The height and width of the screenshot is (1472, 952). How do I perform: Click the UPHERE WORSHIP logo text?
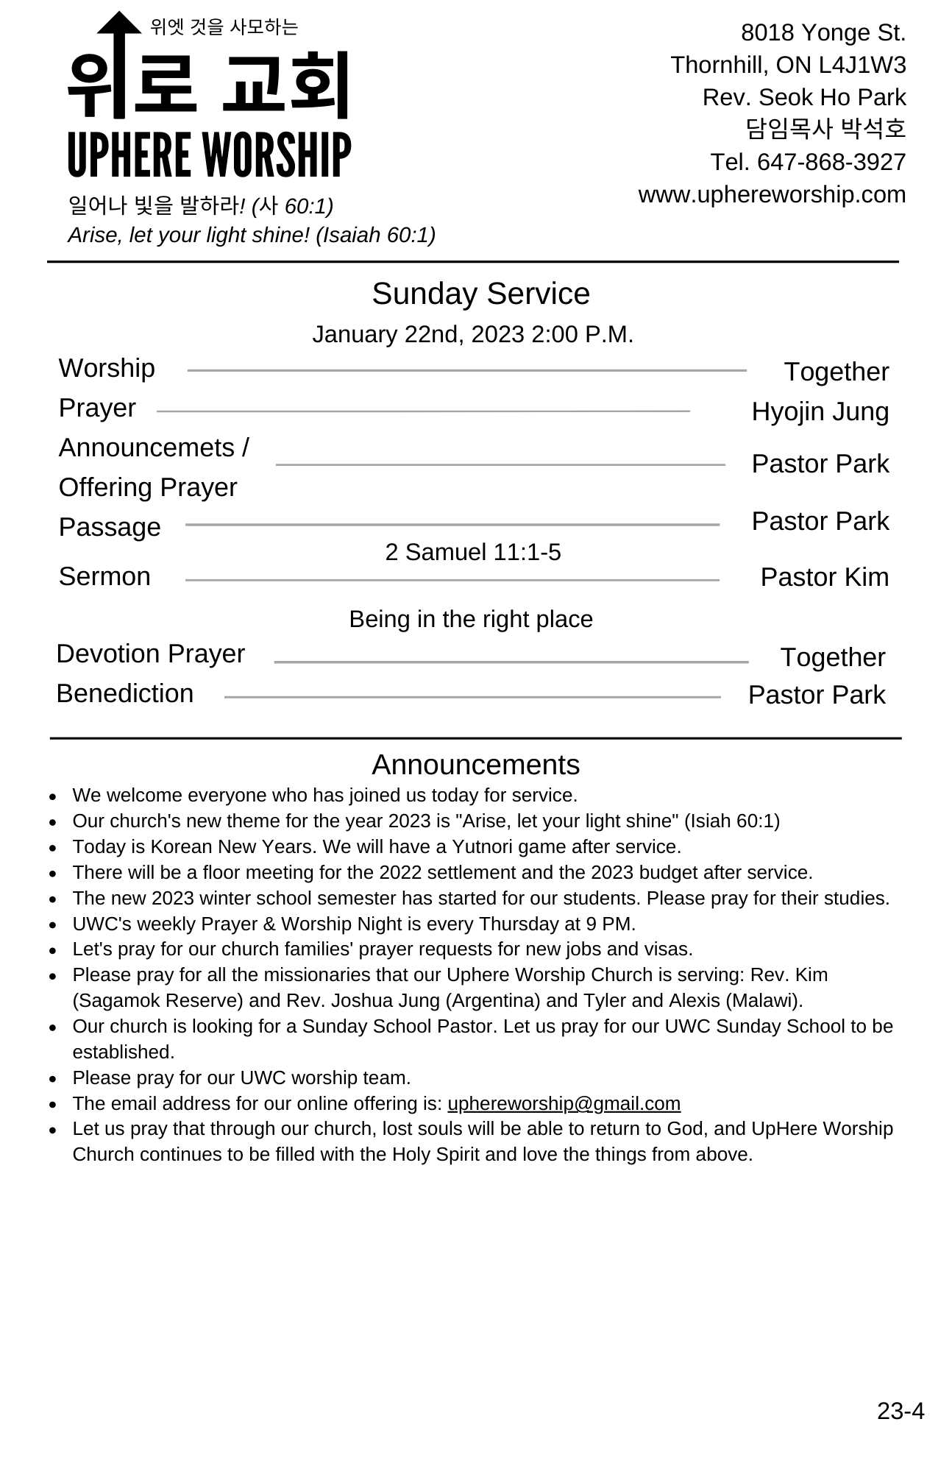(x=209, y=155)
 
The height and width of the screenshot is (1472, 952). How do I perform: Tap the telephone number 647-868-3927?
(x=831, y=162)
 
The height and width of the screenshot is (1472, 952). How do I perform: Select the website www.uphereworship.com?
(x=772, y=194)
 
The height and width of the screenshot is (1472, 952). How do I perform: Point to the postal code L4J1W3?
(x=862, y=65)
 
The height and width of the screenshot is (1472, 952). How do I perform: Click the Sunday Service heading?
(x=480, y=294)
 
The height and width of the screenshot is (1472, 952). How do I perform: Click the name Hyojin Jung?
(x=820, y=411)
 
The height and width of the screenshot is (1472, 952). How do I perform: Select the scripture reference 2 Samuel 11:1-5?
(x=473, y=552)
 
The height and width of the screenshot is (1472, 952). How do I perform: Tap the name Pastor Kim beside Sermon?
(x=824, y=577)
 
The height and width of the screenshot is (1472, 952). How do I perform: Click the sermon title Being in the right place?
(x=471, y=619)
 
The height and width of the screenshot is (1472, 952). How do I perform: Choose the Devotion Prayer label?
(x=150, y=654)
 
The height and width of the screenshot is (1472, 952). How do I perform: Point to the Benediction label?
(x=125, y=693)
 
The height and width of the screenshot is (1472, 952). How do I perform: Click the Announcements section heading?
(x=475, y=765)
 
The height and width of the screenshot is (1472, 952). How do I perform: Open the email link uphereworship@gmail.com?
(x=564, y=1103)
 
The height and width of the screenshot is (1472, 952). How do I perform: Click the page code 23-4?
(x=900, y=1410)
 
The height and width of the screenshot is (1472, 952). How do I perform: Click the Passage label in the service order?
(x=110, y=527)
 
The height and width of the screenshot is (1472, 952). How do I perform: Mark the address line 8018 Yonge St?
(x=823, y=32)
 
